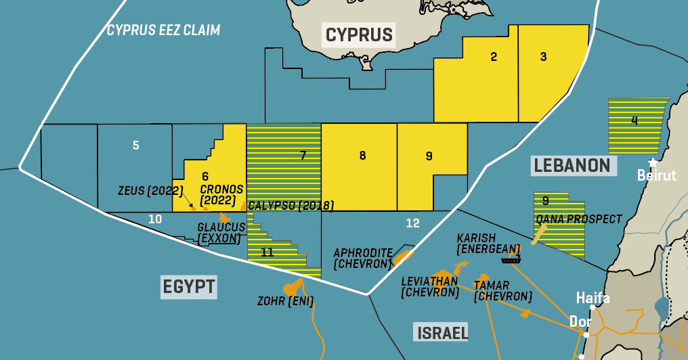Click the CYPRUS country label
(359, 35)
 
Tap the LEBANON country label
(572, 165)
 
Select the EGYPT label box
(189, 286)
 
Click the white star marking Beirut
(653, 162)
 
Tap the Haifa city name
(593, 298)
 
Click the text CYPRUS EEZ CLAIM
(163, 30)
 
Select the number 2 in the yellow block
(494, 57)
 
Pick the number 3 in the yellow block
(543, 57)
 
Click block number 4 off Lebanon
(634, 121)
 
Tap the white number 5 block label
(136, 145)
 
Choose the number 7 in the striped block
(303, 156)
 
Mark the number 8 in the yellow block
(362, 156)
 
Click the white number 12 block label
(412, 223)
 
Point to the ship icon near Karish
(511, 257)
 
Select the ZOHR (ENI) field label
(284, 301)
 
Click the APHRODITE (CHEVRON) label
(363, 258)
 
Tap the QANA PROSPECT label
(578, 219)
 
